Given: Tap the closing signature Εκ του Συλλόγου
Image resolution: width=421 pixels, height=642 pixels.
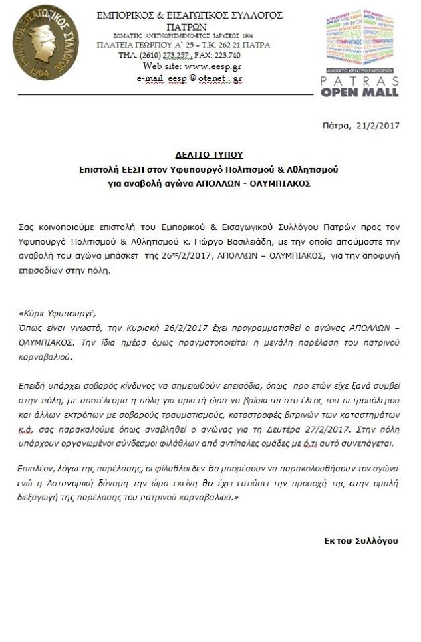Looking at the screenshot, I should tap(361, 540).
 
